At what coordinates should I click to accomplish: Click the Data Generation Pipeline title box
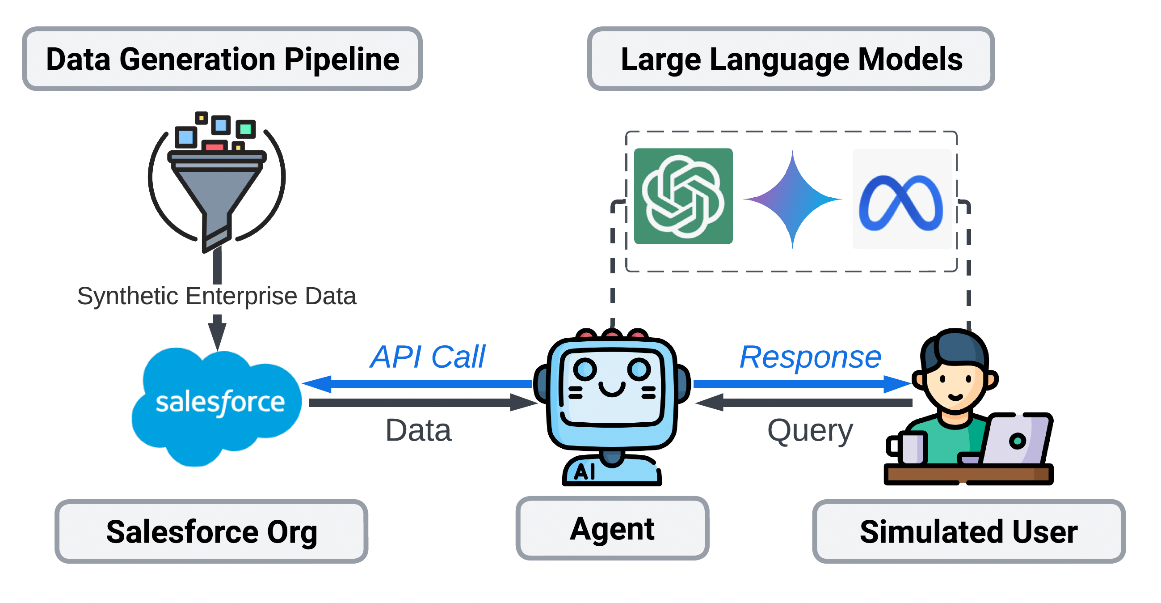pos(222,59)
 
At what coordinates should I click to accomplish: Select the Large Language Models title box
pos(791,59)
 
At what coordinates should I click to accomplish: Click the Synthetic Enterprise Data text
pos(217,296)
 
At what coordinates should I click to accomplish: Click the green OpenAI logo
pos(683,196)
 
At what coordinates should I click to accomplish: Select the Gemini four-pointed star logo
pos(793,199)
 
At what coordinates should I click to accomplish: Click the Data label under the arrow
pos(418,431)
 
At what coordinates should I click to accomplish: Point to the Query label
pos(810,431)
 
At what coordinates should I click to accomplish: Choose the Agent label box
pos(612,529)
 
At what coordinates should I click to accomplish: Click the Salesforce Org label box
pos(211,531)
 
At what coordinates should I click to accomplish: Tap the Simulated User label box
pos(968,531)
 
